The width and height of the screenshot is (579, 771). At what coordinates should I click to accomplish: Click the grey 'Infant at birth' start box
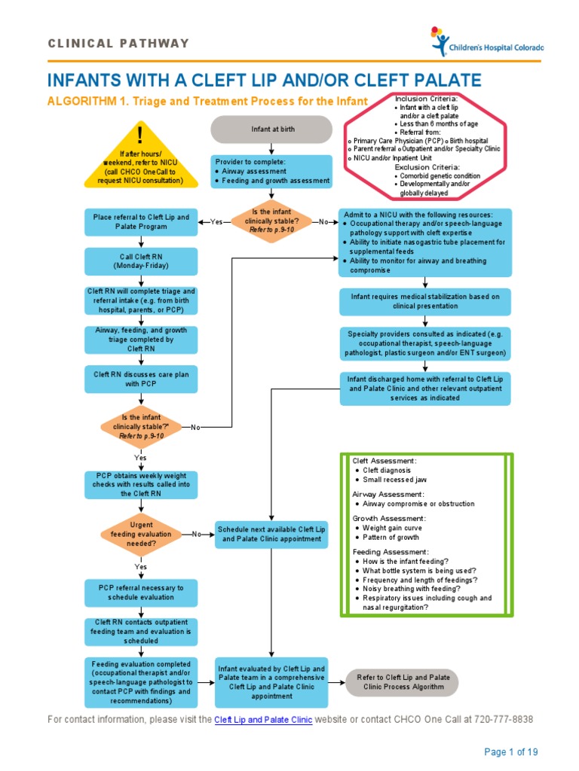272,129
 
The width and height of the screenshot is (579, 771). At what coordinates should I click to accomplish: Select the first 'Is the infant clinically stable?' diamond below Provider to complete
272,221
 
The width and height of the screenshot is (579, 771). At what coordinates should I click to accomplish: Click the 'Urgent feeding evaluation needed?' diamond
141,534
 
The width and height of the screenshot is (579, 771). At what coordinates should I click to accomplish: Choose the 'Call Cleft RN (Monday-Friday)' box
141,261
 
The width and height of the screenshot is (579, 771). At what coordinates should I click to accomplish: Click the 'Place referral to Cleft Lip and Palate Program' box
141,221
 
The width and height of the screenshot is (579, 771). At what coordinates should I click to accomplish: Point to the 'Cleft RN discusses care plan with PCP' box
141,378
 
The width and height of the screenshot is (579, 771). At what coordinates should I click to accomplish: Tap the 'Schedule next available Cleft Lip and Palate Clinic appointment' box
272,535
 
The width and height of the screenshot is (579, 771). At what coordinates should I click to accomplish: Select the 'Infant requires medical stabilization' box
425,301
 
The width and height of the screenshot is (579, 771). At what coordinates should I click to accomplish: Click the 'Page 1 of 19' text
510,751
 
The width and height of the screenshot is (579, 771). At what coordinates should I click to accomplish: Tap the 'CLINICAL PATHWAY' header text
118,44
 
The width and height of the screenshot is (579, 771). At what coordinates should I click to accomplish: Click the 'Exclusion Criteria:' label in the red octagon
427,166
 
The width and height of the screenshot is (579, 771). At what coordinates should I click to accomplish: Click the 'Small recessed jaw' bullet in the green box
396,480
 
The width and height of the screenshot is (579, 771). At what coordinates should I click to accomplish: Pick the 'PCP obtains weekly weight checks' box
141,485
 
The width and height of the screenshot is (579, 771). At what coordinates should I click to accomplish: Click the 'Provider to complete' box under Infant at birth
272,171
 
